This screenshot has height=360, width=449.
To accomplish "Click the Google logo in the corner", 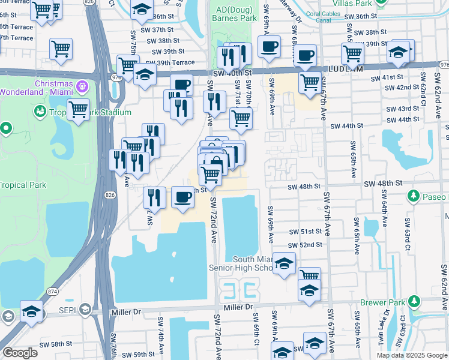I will point(20,353).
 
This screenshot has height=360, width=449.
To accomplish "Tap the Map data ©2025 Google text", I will point(412,355).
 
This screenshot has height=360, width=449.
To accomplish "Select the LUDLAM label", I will point(342,71).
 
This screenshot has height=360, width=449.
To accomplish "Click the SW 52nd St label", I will point(305,245).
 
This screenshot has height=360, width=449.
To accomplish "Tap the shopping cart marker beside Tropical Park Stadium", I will point(78,110).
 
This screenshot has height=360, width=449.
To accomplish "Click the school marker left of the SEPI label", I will point(31,311).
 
